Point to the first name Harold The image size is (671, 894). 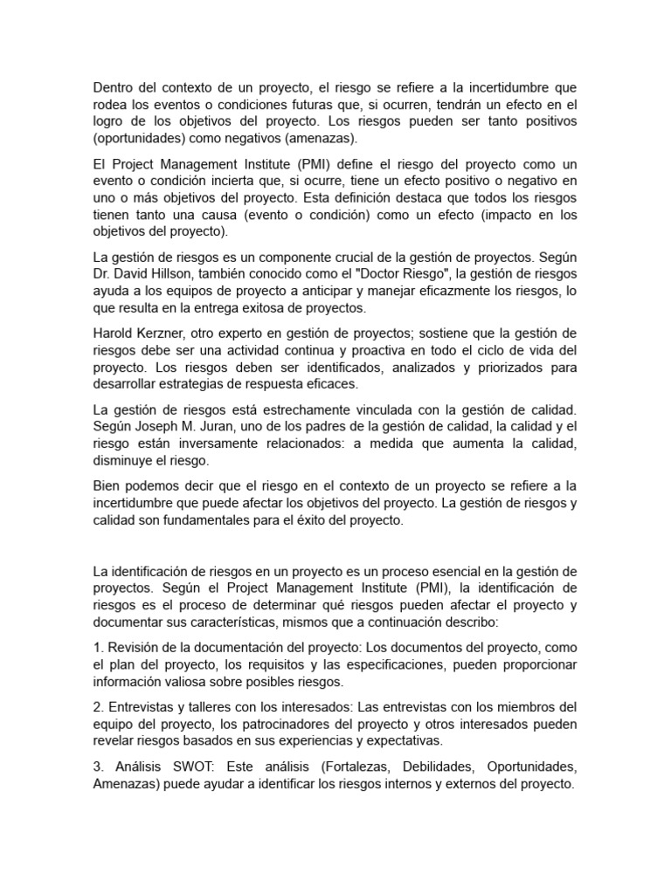pos(114,334)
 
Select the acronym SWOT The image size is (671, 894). pos(195,767)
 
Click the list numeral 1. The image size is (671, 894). pos(96,647)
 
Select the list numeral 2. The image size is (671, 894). pos(96,706)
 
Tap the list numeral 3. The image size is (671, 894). pos(96,767)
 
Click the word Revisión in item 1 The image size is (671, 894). pos(134,647)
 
